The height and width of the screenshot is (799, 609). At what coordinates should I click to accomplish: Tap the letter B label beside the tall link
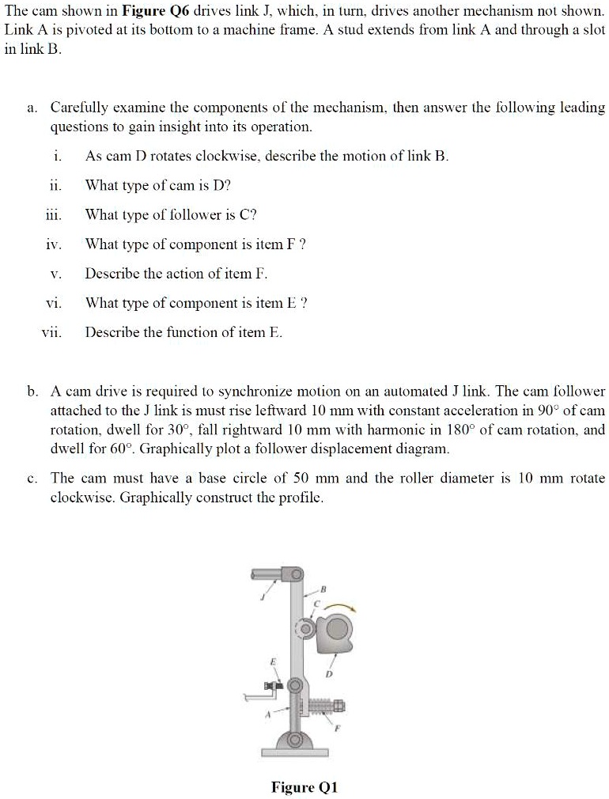point(323,589)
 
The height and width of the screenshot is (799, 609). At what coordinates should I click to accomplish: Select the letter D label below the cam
point(329,676)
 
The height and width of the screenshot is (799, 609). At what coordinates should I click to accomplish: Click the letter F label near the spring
point(335,732)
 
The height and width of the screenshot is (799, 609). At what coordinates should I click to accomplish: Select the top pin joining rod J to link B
point(295,572)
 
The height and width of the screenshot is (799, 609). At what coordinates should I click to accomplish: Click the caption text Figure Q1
point(304,787)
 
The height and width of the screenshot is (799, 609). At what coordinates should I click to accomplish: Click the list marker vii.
point(51,332)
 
